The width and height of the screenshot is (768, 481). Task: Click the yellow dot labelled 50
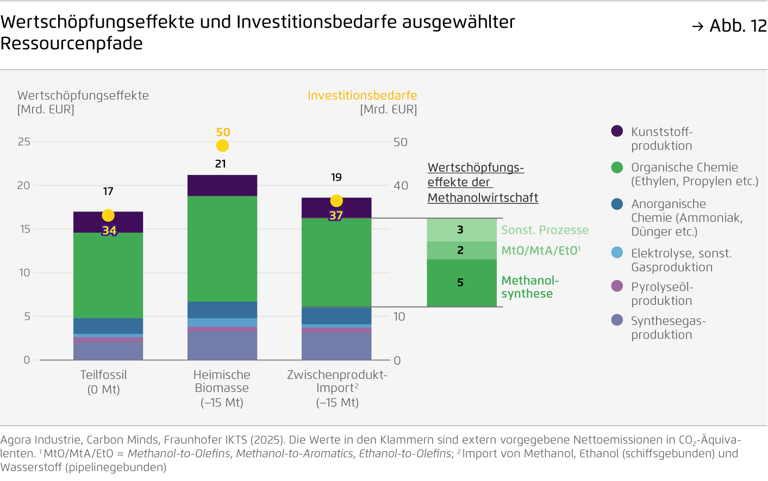(222, 146)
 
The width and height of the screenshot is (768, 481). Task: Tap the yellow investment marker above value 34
(108, 216)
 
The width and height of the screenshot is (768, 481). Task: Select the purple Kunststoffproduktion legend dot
(617, 131)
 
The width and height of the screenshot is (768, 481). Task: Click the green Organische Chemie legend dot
(617, 167)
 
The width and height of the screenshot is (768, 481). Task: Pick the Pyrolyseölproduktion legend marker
(617, 286)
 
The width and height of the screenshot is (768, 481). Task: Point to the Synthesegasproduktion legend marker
(617, 320)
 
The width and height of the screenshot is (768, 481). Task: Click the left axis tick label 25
(24, 142)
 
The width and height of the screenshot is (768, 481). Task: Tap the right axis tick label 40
(401, 186)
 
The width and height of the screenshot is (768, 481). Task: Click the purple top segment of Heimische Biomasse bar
(222, 185)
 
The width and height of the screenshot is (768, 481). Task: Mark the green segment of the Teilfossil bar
(108, 275)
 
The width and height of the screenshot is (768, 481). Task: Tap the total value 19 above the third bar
(336, 178)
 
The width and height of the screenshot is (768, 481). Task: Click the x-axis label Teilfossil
(103, 375)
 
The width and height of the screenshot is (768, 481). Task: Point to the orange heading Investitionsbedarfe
(362, 96)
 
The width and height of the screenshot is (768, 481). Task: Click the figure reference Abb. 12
(737, 26)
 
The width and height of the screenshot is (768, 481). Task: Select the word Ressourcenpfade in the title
(72, 43)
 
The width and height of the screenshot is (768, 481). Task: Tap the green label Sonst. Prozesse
(545, 230)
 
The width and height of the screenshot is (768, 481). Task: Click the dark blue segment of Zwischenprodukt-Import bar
(336, 315)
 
